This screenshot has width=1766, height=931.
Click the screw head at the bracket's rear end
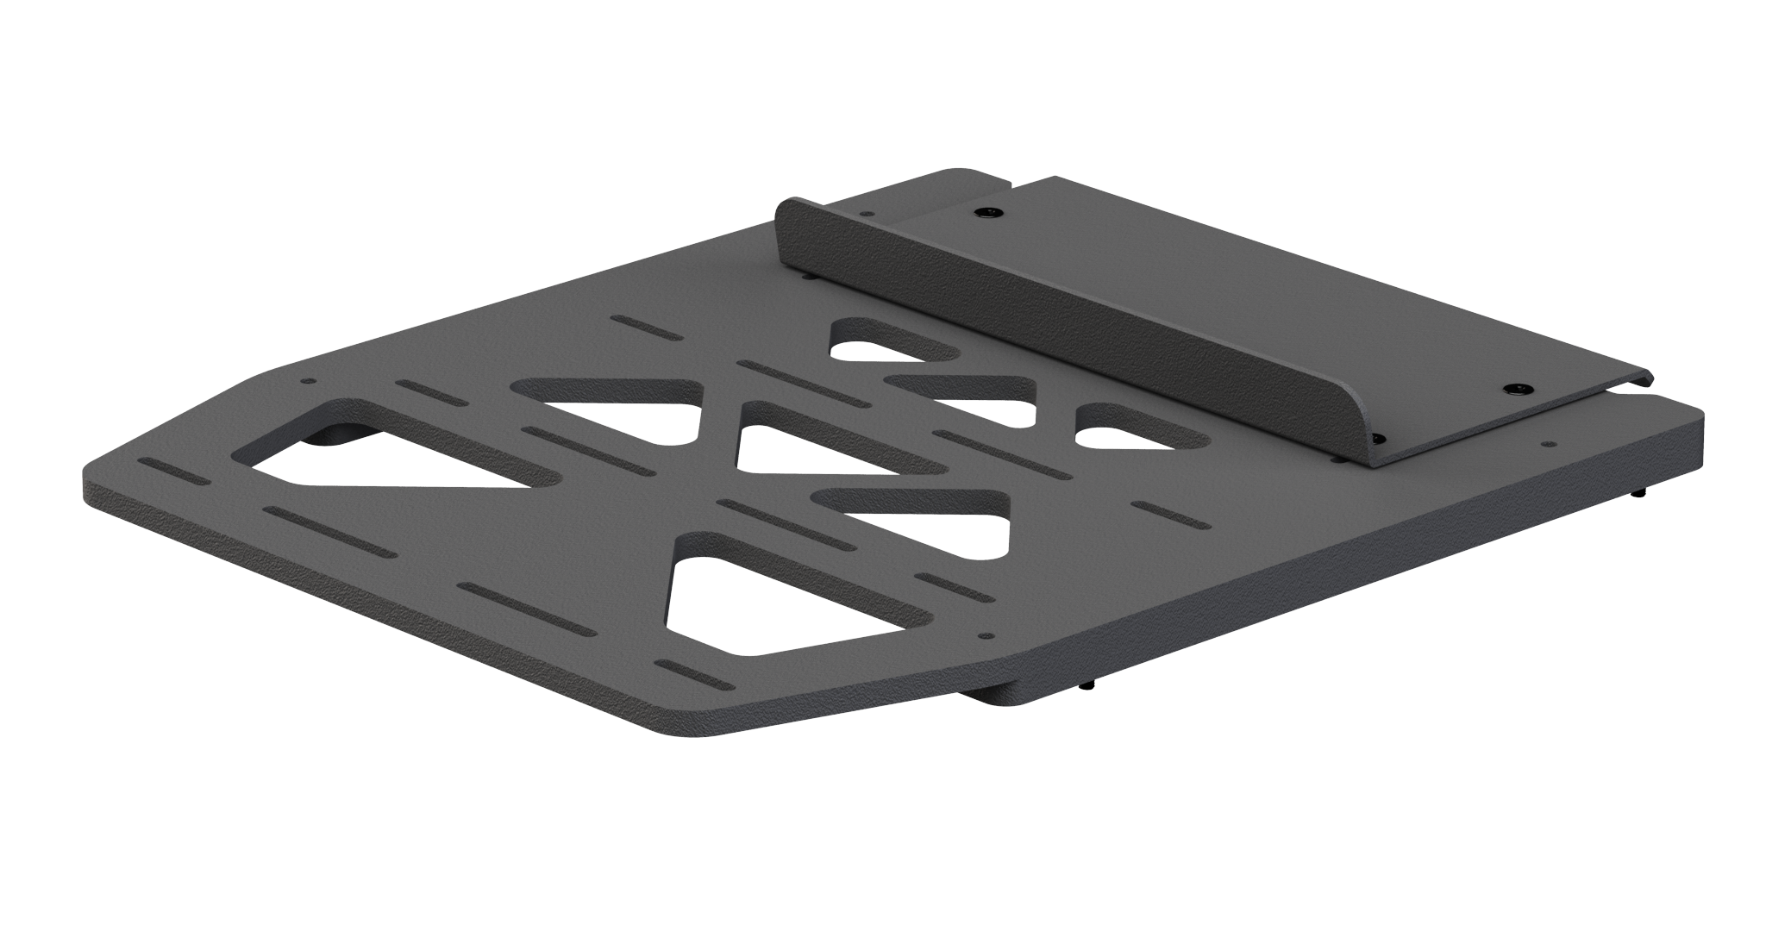984,212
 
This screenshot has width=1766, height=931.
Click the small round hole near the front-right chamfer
989,637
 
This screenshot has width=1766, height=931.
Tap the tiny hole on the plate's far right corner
1550,445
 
